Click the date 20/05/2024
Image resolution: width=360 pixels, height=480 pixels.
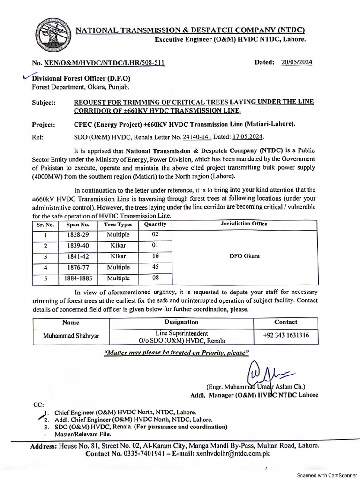point(297,62)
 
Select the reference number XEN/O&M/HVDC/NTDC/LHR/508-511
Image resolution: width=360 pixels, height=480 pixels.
point(105,63)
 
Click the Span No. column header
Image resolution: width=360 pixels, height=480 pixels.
point(77,225)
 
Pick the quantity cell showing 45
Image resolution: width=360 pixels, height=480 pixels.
point(155,267)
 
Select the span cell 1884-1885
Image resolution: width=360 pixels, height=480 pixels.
point(78,278)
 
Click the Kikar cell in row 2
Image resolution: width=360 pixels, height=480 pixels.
point(118,246)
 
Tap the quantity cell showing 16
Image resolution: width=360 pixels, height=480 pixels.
point(155,256)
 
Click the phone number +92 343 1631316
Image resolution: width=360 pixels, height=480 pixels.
point(285,335)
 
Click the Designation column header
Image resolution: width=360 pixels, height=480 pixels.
point(181,322)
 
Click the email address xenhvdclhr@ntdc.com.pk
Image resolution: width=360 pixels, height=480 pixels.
point(233,454)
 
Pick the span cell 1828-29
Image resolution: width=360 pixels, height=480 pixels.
point(77,234)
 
